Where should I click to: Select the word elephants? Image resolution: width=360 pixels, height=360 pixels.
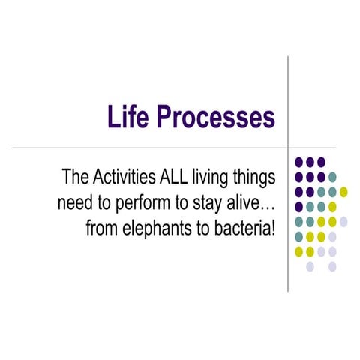pyautogui.click(x=157, y=227)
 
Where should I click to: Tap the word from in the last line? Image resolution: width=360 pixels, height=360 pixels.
pyautogui.click(x=101, y=227)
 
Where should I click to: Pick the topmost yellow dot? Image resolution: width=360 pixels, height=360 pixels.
pyautogui.click(x=343, y=191)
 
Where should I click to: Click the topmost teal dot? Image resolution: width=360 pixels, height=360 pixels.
pyautogui.click(x=332, y=177)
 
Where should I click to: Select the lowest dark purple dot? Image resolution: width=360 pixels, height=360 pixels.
pyautogui.click(x=298, y=206)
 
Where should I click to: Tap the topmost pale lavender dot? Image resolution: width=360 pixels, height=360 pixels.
pyautogui.click(x=343, y=221)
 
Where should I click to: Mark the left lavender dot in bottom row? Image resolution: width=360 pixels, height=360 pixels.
pyautogui.click(x=310, y=266)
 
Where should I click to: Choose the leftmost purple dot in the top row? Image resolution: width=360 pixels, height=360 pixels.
pyautogui.click(x=298, y=162)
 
